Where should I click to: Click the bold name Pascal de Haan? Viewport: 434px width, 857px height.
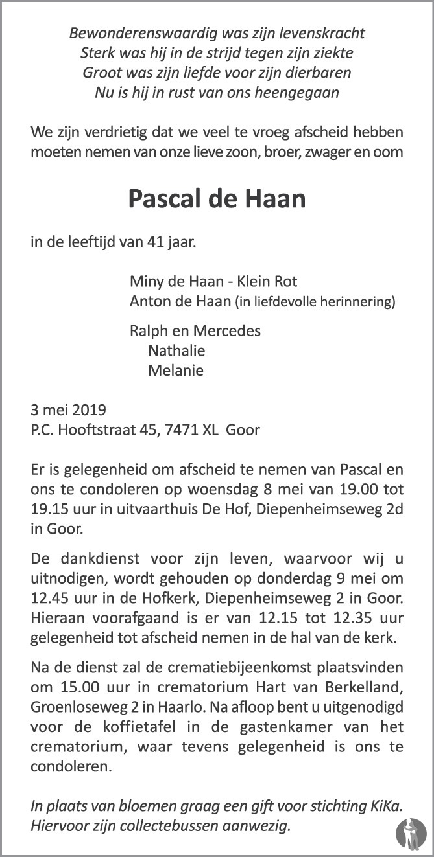click(217, 198)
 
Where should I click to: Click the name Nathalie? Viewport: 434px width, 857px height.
click(176, 350)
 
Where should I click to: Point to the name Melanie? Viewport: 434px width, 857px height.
click(176, 371)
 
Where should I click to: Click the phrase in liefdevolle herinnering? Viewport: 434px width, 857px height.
click(315, 301)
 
